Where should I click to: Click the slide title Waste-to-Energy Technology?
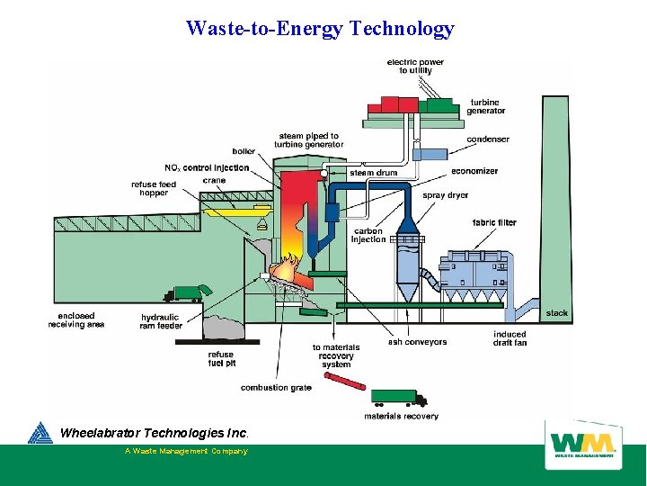click(x=320, y=29)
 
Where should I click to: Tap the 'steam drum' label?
click(x=373, y=173)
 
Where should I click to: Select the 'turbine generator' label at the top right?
click(x=486, y=107)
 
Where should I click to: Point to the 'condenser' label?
click(x=488, y=139)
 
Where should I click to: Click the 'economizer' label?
click(x=474, y=171)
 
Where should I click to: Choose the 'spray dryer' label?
click(x=445, y=195)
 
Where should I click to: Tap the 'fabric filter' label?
click(x=494, y=222)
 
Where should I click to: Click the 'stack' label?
click(x=557, y=313)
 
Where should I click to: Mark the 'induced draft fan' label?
click(x=510, y=338)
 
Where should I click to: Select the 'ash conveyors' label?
click(x=417, y=342)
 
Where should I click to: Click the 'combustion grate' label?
click(x=276, y=388)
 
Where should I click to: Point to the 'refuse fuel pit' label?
click(x=222, y=359)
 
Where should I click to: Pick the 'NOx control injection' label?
click(x=207, y=167)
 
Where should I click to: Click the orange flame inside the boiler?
click(x=288, y=269)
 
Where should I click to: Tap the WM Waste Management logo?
click(x=583, y=445)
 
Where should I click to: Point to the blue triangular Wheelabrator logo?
click(x=40, y=434)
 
